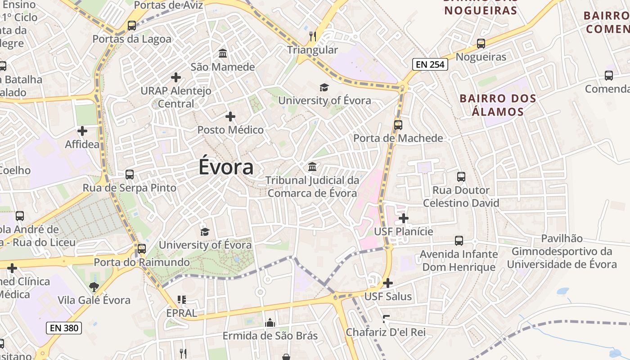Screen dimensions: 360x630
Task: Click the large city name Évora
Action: (226, 167)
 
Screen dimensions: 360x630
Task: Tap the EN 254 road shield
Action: (430, 64)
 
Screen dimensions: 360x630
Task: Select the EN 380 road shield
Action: (64, 328)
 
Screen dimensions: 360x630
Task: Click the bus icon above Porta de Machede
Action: (398, 125)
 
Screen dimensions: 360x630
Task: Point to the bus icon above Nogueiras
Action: (481, 44)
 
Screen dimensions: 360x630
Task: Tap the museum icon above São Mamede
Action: (222, 54)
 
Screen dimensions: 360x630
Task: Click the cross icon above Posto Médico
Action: (230, 117)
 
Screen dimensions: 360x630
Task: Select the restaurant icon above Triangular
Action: (313, 36)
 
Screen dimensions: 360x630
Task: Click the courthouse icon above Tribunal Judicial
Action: (312, 167)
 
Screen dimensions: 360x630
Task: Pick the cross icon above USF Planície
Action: (404, 218)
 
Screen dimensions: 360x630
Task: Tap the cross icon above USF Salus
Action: (387, 283)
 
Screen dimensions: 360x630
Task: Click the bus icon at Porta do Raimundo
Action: (142, 248)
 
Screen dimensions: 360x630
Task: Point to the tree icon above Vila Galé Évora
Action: (94, 287)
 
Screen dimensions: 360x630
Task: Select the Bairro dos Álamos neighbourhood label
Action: (498, 105)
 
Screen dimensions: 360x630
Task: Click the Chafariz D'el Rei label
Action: (386, 333)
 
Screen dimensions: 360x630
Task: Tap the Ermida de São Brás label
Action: (270, 336)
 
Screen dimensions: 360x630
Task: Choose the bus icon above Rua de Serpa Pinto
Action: (130, 174)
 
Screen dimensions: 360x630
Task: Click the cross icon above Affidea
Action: (82, 131)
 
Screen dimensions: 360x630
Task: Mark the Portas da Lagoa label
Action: (132, 39)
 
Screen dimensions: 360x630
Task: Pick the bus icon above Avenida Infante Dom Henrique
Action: (459, 241)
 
